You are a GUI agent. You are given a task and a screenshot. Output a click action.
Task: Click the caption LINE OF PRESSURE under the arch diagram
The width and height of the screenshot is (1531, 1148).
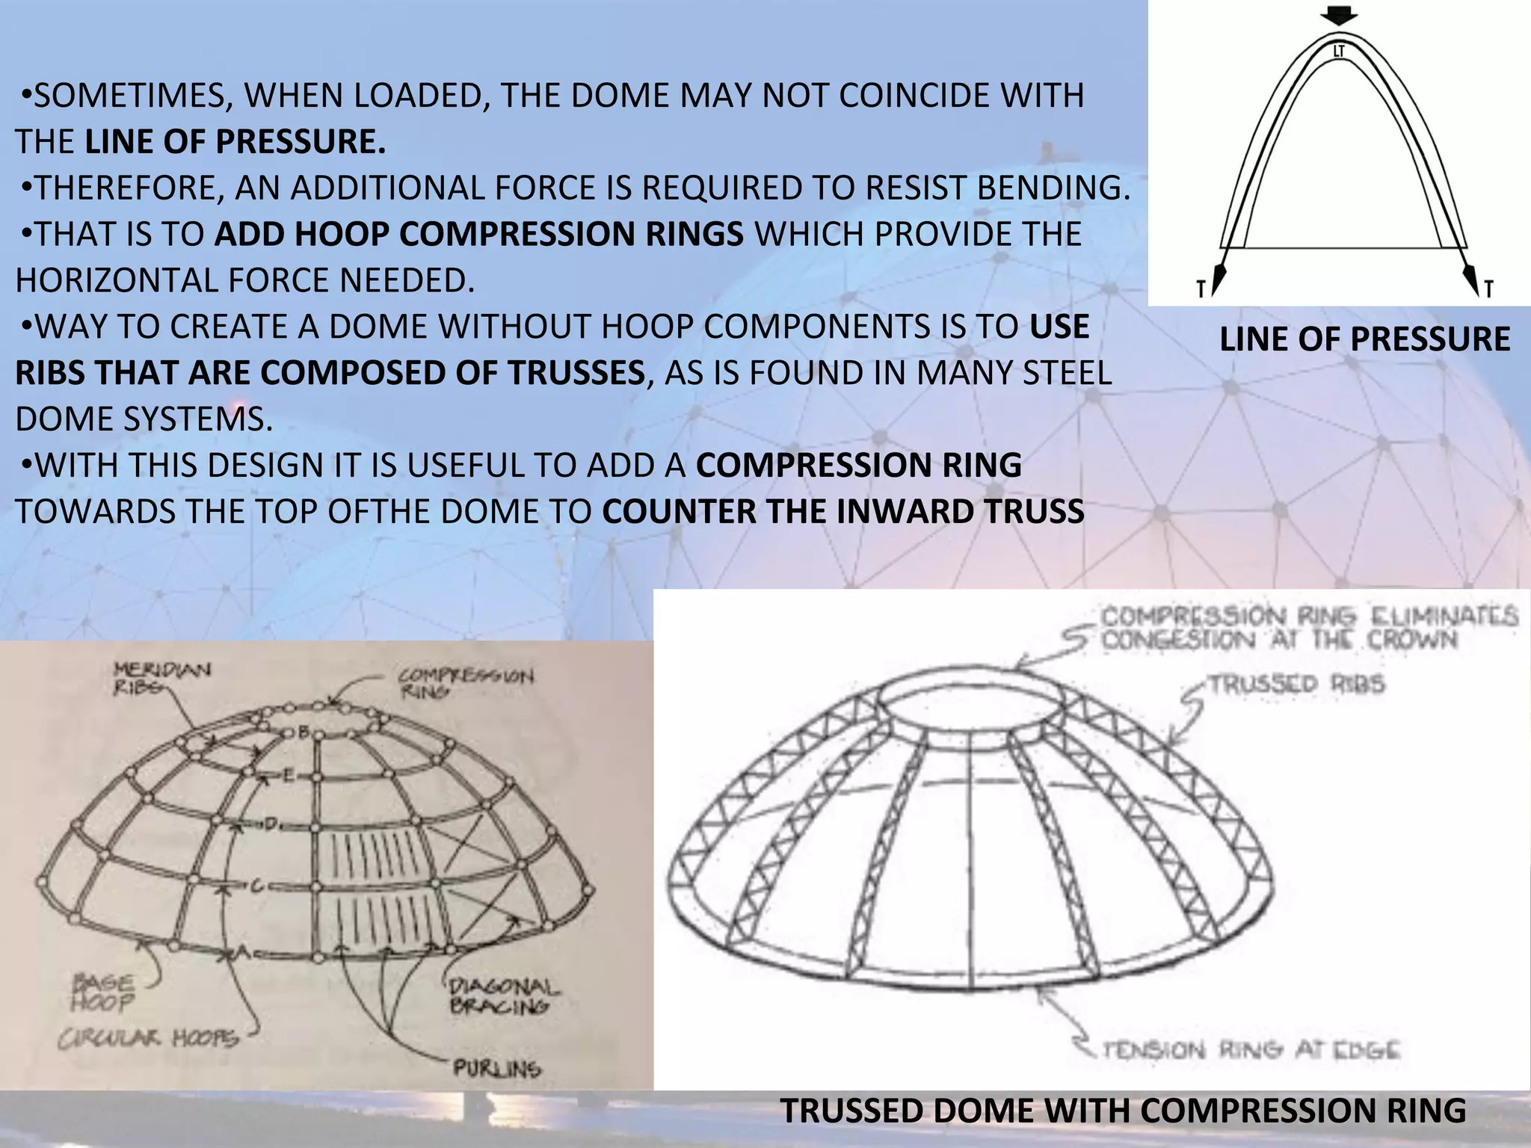click(1364, 339)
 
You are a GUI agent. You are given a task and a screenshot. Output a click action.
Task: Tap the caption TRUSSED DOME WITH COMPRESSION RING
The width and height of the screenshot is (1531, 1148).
click(1123, 1111)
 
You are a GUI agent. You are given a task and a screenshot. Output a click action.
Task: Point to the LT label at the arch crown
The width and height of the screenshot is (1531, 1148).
click(1340, 52)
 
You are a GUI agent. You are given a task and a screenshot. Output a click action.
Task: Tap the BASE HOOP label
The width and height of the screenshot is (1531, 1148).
click(103, 993)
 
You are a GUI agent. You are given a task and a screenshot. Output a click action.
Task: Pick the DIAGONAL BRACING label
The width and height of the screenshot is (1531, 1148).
click(503, 997)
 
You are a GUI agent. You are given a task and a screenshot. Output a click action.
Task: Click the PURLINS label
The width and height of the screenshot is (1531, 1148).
click(497, 1069)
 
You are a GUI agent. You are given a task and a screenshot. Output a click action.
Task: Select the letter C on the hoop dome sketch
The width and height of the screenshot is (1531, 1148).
click(255, 886)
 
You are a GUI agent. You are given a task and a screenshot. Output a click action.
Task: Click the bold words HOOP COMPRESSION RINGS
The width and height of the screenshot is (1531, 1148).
click(479, 234)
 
